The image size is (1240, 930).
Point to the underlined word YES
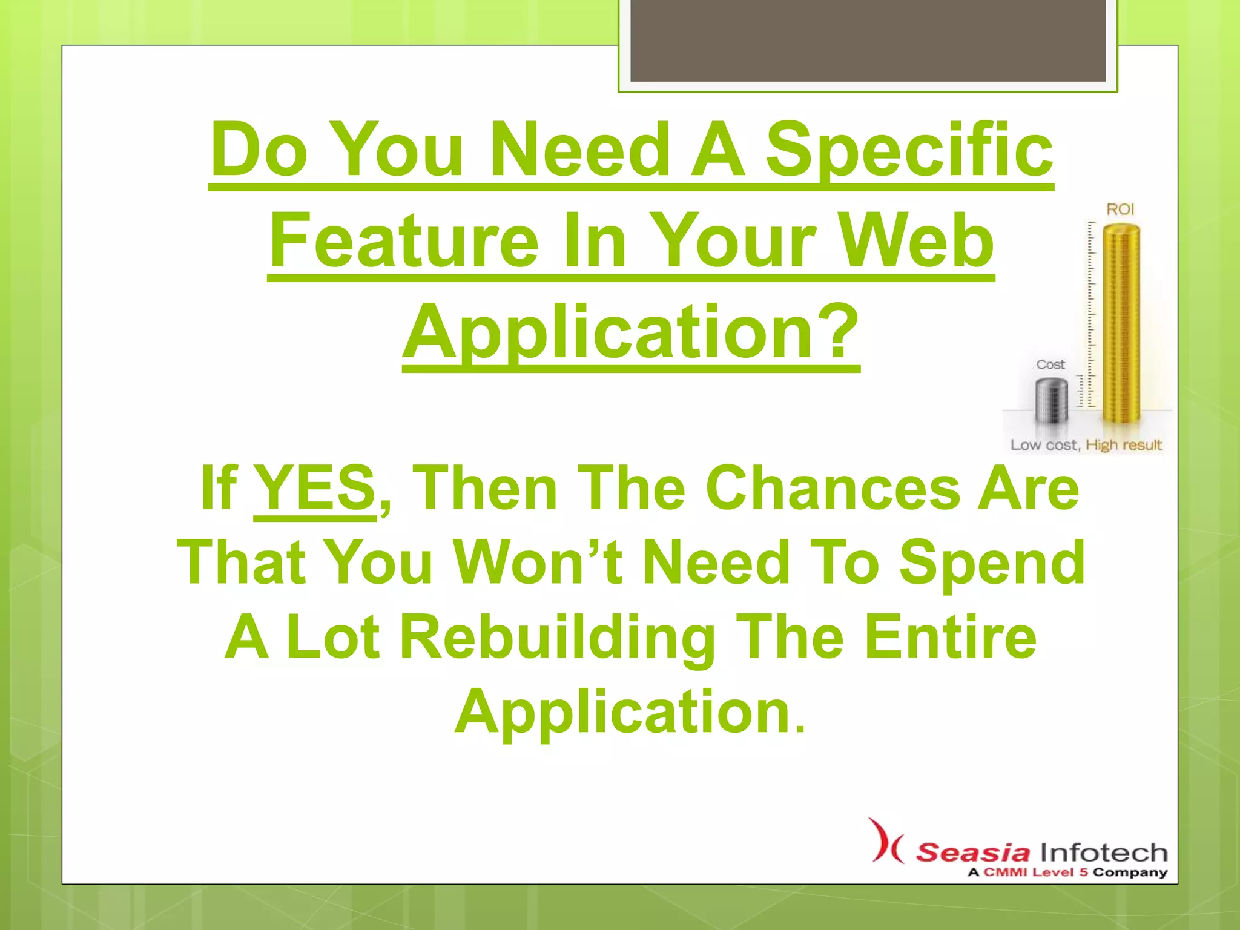pos(315,488)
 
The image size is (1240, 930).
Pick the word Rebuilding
pos(558,637)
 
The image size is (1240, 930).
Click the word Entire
pos(951,637)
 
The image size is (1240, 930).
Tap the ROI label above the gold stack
pos(1120,209)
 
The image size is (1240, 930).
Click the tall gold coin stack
pos(1121,324)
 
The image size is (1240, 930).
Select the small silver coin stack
pos(1051,400)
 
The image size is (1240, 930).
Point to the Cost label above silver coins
pos(1050,364)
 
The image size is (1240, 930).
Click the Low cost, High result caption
pos(1086,445)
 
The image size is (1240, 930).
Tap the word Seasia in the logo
pos(972,852)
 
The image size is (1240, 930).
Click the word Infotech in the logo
pos(1104,852)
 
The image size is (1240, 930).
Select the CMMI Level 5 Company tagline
pos(1067,872)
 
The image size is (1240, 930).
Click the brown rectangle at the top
pos(868,41)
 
